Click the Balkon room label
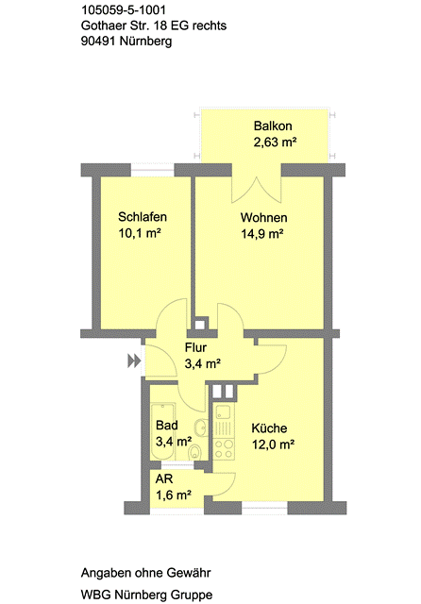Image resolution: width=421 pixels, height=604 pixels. tap(273, 126)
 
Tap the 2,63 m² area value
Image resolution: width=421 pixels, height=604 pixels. tap(275, 143)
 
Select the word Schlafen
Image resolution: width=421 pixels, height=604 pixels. tap(143, 217)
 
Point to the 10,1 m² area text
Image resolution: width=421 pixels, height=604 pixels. tap(140, 233)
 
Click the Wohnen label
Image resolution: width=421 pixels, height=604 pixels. tap(264, 218)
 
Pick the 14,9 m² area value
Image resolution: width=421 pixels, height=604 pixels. tap(262, 234)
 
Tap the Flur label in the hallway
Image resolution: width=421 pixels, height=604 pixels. tap(195, 347)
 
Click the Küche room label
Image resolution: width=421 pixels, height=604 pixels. tap(269, 428)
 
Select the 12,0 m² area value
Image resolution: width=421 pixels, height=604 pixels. tap(274, 445)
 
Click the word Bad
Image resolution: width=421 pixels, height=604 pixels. tap(167, 426)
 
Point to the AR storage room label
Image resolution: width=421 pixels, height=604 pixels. tap(164, 479)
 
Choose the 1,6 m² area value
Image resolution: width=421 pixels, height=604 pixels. tap(174, 495)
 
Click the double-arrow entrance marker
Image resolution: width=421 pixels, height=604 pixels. tap(134, 361)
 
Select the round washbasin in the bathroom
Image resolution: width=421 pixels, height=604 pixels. tap(201, 427)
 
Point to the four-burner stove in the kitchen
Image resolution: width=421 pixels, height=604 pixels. tap(224, 449)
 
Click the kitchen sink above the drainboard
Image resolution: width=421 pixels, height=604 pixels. tap(223, 412)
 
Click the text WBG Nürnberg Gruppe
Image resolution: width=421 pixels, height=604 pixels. tap(146, 595)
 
